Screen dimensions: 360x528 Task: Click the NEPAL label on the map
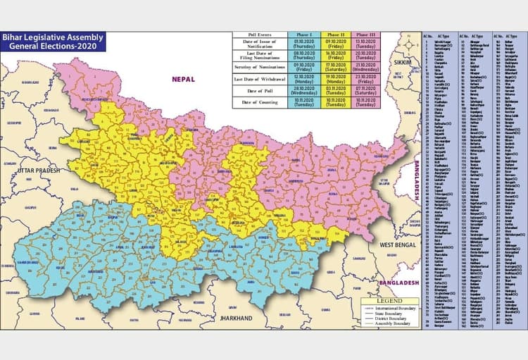[x=182, y=80]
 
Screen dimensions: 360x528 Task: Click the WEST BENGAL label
[x=394, y=244]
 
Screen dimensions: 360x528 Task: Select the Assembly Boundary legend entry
[x=394, y=325]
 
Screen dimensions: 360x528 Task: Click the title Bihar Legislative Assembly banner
[x=54, y=41]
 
